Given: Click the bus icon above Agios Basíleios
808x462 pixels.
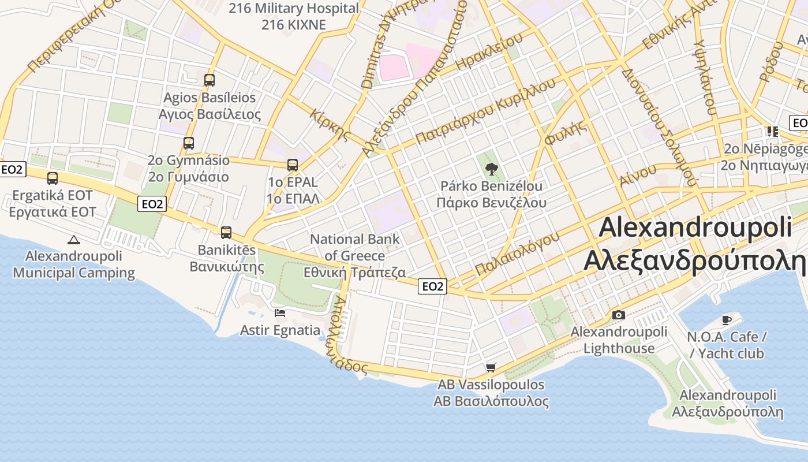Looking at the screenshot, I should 210,80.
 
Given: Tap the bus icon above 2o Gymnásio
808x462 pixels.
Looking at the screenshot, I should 189,143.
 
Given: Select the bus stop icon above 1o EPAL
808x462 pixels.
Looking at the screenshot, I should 293,165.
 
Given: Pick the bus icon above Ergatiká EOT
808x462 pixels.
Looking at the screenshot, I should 53,178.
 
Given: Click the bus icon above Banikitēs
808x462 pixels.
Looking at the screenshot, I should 226,233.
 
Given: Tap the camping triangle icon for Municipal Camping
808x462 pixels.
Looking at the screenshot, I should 73,240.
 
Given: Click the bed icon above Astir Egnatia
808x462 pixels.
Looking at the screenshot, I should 280,313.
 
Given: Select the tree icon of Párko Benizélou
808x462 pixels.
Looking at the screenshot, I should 491,169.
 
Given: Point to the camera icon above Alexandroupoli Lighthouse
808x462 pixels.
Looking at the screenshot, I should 619,315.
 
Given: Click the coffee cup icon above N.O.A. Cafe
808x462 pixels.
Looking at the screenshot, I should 727,320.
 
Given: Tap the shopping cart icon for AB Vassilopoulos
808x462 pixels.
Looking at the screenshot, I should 491,367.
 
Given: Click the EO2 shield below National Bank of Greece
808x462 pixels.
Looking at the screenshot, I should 433,286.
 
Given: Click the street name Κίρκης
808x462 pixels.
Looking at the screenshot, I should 330,125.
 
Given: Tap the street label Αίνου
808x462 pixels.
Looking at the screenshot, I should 638,174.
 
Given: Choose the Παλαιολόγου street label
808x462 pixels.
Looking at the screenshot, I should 517,254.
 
